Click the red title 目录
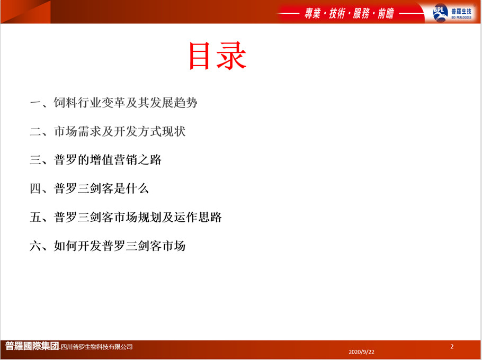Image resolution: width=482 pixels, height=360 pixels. [x=218, y=56]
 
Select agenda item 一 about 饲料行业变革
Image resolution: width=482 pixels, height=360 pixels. [x=113, y=103]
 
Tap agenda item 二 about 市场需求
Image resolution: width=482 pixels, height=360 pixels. [x=108, y=131]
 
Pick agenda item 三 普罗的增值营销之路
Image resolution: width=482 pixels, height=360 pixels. [x=95, y=160]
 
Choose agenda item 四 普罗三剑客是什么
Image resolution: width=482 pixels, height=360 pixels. [x=90, y=188]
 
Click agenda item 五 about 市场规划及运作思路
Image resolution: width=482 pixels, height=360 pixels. [x=126, y=217]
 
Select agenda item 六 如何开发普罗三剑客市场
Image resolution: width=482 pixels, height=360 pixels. [x=108, y=246]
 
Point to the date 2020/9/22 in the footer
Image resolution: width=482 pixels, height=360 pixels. [x=361, y=352]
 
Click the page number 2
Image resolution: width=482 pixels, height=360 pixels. [x=452, y=346]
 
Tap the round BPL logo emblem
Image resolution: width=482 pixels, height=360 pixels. [x=440, y=13]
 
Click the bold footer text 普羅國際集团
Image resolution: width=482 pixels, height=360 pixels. [x=32, y=346]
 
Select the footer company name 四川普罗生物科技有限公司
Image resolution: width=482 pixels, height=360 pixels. [x=96, y=347]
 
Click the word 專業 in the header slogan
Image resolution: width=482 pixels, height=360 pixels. [x=313, y=14]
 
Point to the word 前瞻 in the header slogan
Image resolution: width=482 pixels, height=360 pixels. [x=386, y=14]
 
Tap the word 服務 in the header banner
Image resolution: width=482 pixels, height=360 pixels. [x=361, y=14]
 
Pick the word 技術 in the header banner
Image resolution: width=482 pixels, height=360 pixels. [x=337, y=14]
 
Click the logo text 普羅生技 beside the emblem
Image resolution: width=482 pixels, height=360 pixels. [x=461, y=11]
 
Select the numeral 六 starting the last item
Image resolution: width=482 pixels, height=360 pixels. [x=35, y=246]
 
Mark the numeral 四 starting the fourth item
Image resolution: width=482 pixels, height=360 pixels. [x=35, y=188]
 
